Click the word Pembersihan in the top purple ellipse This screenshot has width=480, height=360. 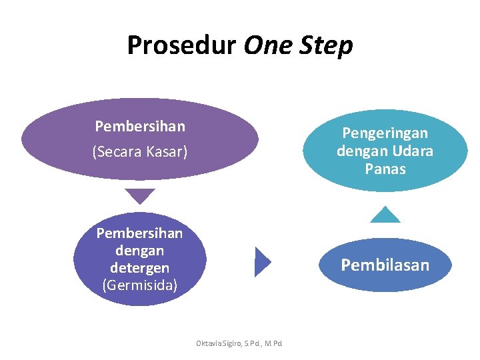[140, 126]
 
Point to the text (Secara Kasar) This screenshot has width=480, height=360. [140, 153]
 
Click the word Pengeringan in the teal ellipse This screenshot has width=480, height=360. [385, 133]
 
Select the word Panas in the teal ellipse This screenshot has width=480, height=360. [385, 169]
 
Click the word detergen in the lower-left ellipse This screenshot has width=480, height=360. [139, 268]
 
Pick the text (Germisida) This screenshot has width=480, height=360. [139, 285]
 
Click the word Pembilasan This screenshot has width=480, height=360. [385, 265]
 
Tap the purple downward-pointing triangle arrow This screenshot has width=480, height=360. [140, 196]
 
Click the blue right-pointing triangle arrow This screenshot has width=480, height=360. [263, 261]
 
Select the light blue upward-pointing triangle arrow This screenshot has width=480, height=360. [385, 215]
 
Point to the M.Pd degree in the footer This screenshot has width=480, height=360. [273, 343]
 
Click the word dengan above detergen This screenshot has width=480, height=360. [139, 251]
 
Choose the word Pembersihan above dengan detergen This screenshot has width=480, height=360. [139, 233]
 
